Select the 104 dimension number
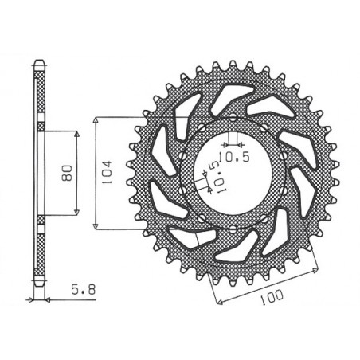tap(108, 170)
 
